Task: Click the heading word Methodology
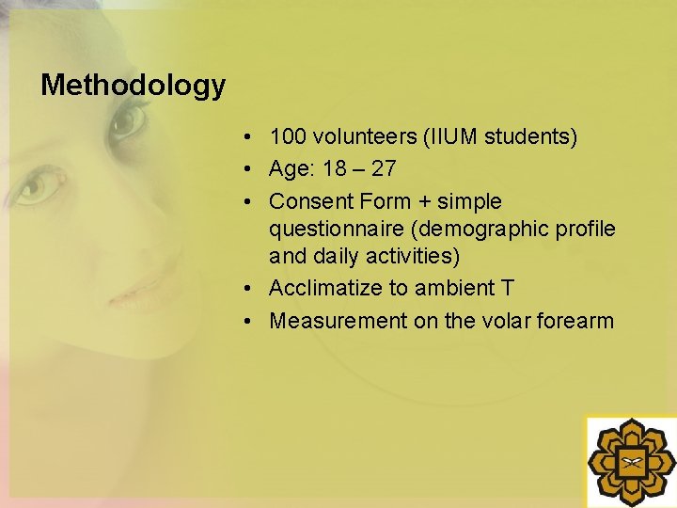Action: (133, 86)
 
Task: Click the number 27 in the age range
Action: (384, 169)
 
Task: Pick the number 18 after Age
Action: (334, 169)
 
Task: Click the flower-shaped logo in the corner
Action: (631, 462)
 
